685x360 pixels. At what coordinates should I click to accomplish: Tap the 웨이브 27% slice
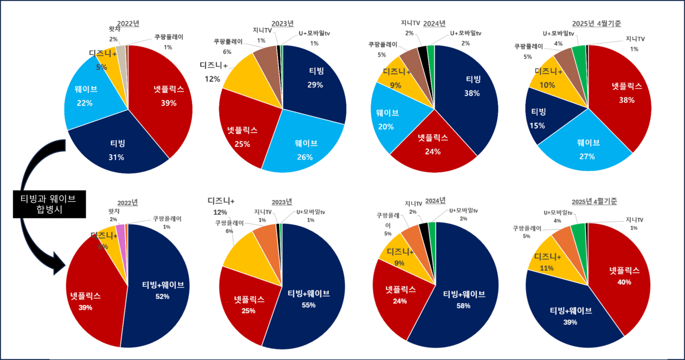click(x=589, y=147)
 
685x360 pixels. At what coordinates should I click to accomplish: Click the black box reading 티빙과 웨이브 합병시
click(x=49, y=204)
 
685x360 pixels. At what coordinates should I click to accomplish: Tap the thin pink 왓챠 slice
click(x=120, y=230)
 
